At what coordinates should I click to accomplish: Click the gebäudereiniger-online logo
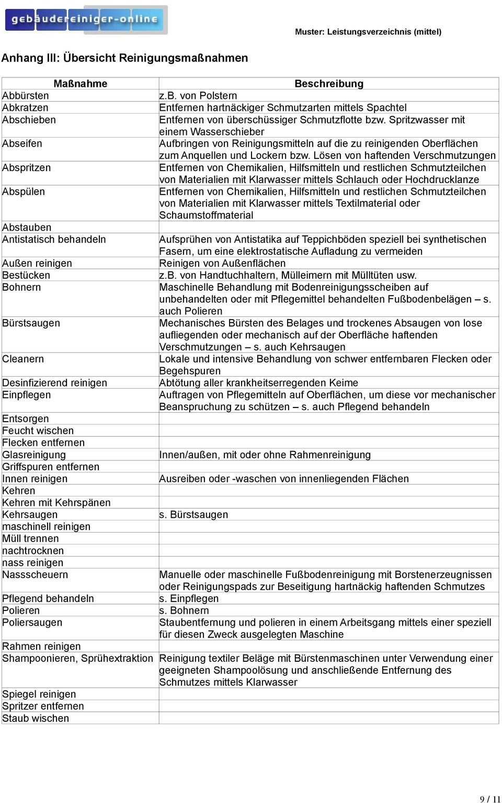point(86,20)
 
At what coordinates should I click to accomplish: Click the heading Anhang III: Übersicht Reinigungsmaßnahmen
point(125,58)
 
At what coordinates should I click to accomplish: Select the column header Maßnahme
point(80,84)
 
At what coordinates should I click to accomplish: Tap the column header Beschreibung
point(328,84)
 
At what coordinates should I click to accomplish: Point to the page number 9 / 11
point(490,799)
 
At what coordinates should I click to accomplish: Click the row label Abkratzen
point(25,108)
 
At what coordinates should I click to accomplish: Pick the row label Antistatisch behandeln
point(54,240)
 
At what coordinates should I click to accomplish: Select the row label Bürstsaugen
point(31,323)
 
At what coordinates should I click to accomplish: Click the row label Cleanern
point(23,359)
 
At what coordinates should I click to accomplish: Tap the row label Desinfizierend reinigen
point(54,383)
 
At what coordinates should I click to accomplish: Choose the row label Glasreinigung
point(34,455)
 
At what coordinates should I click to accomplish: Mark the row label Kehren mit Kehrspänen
point(56,503)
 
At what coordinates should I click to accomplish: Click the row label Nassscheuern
point(35,575)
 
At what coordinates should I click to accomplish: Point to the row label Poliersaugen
point(32,623)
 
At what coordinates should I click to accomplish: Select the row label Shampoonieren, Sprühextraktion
point(77,659)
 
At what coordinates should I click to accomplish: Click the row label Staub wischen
point(36,719)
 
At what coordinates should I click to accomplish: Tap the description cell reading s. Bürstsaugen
point(193,515)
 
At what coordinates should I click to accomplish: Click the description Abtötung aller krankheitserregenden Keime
point(258,383)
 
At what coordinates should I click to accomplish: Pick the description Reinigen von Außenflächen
point(222,263)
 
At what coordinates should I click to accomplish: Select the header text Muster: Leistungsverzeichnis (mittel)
point(368,32)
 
